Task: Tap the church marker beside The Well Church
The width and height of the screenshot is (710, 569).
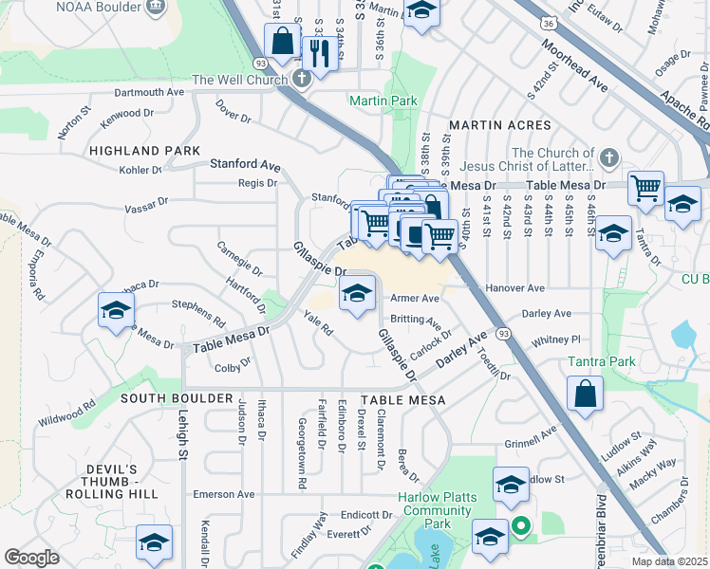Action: (301, 79)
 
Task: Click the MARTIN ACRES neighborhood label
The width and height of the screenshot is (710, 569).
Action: (499, 125)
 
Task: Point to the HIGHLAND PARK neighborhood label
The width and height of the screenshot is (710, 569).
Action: (144, 151)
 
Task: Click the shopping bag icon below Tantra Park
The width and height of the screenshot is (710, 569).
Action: (587, 395)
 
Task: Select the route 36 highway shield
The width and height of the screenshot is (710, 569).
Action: (549, 20)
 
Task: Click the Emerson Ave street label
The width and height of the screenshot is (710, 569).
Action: (224, 494)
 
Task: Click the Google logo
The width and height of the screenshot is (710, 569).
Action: (32, 557)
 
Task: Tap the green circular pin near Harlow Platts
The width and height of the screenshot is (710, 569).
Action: (519, 523)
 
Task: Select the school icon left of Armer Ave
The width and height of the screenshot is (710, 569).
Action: (358, 293)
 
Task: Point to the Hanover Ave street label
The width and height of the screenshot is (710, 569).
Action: (514, 287)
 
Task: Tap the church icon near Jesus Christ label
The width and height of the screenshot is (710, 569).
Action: (609, 156)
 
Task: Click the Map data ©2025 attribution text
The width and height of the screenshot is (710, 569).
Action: (669, 561)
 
